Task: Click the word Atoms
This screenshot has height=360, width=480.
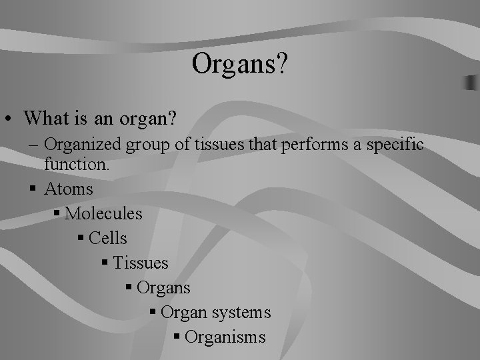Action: [69, 189]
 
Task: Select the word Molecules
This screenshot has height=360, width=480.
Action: [103, 213]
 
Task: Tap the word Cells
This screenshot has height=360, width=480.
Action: [107, 238]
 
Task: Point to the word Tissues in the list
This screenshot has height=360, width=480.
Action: [141, 263]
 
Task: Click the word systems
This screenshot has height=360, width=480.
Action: [242, 312]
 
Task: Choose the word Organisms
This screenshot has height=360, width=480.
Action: [225, 337]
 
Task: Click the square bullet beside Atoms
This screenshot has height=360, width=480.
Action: [34, 189]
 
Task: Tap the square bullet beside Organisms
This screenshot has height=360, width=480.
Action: [177, 337]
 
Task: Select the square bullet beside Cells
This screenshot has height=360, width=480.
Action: [81, 239]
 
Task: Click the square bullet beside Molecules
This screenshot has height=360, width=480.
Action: [57, 214]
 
